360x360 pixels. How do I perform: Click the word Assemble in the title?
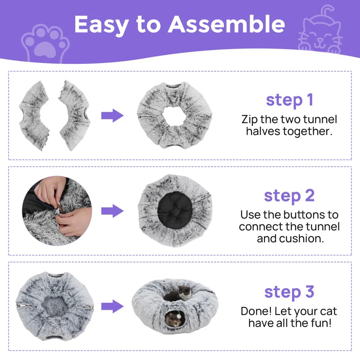coord(227,24)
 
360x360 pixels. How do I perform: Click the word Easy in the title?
coord(99,24)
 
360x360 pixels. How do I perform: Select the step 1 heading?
coord(289,99)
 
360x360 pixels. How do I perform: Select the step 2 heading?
coord(289,196)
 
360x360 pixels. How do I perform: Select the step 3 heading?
coord(289,292)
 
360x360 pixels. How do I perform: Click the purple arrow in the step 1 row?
coord(112,115)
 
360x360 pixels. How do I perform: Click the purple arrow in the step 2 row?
coord(112,211)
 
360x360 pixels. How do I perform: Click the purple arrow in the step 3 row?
coord(112,307)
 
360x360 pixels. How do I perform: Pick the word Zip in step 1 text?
coord(250,120)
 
